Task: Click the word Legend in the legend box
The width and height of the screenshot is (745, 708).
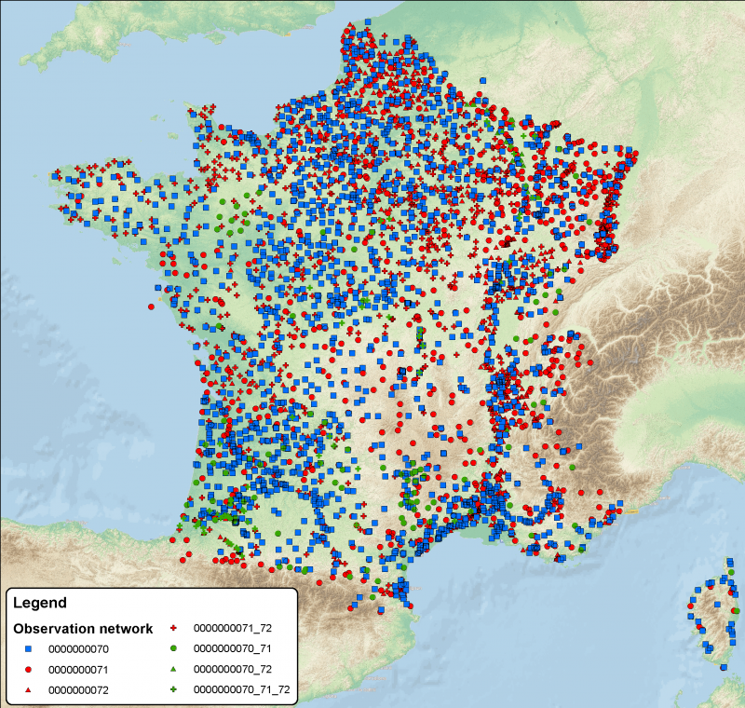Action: [x=39, y=603]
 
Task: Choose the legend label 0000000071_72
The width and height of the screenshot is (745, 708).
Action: [x=233, y=629]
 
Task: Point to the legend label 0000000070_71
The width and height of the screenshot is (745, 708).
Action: [x=233, y=648]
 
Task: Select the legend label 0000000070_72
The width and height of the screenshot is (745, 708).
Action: [x=233, y=670]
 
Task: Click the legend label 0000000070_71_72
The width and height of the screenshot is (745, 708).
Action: [x=241, y=690]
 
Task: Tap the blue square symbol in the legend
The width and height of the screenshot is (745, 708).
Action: [x=28, y=648]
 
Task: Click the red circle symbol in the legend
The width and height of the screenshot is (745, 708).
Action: [x=28, y=670]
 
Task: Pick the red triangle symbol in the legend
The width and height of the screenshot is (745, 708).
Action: [x=28, y=690]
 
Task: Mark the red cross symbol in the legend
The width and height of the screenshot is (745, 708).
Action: [x=173, y=629]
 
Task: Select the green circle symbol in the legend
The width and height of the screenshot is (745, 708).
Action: [x=173, y=648]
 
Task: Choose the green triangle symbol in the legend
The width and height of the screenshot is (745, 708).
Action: [x=173, y=670]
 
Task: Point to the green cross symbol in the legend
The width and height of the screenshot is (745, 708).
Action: [x=173, y=690]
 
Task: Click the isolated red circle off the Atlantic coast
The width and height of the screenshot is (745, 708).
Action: [x=151, y=306]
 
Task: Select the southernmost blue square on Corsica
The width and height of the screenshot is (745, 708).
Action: [x=722, y=666]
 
